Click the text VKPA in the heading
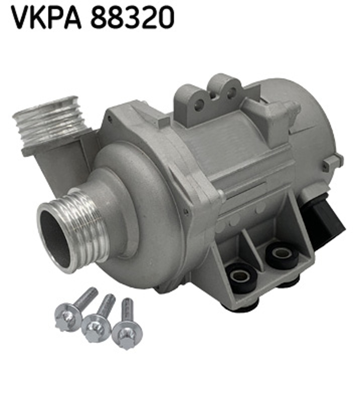(x=46, y=18)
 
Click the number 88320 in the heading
(x=132, y=18)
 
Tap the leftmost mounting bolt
(x=75, y=310)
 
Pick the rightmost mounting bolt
(x=127, y=324)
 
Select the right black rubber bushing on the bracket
(x=282, y=255)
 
